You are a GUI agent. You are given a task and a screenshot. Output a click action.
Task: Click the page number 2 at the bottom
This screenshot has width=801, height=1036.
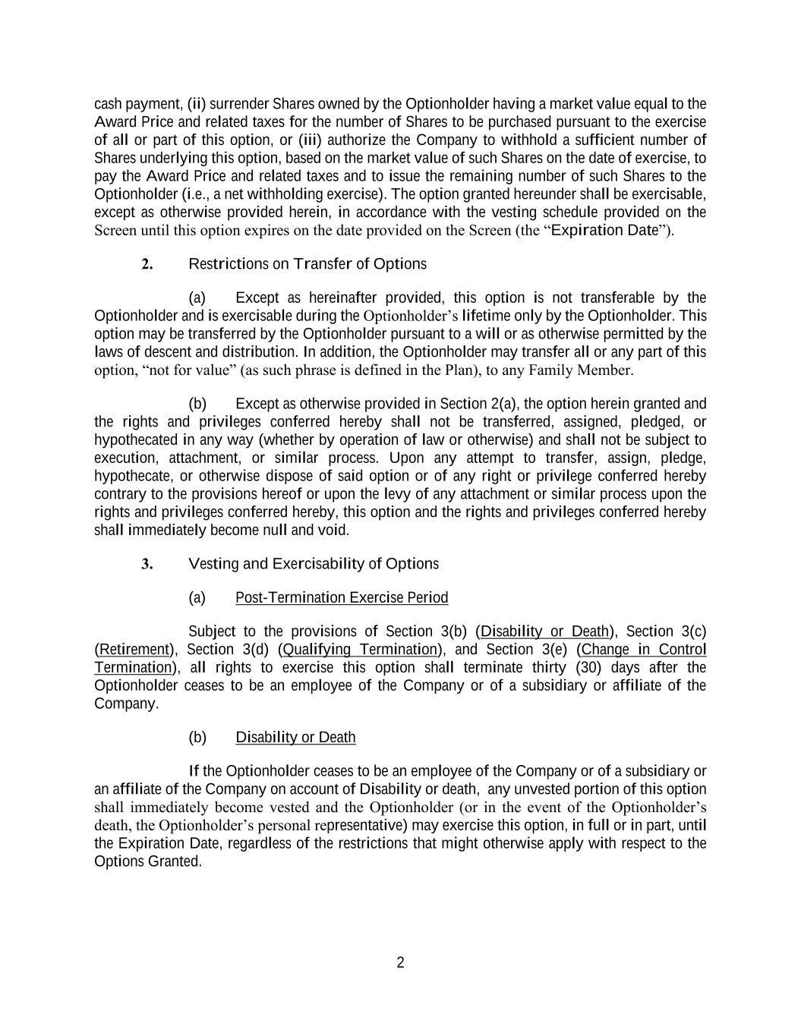pos(400,963)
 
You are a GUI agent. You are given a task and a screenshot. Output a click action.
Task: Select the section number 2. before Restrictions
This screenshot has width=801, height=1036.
pos(147,264)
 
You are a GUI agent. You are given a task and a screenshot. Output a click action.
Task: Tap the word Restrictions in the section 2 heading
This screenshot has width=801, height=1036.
pos(228,264)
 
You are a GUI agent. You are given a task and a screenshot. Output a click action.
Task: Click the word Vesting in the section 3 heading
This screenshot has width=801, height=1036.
pos(212,564)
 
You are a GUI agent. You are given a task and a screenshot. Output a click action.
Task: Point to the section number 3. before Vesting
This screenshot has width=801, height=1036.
pos(147,564)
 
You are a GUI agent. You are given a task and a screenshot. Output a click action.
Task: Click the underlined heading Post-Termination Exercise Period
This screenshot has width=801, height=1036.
pos(342,598)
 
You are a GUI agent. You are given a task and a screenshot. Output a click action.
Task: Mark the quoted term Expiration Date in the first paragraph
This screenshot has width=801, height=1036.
pos(604,230)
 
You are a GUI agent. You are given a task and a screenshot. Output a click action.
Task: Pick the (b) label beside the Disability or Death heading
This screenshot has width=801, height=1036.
pos(197,738)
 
